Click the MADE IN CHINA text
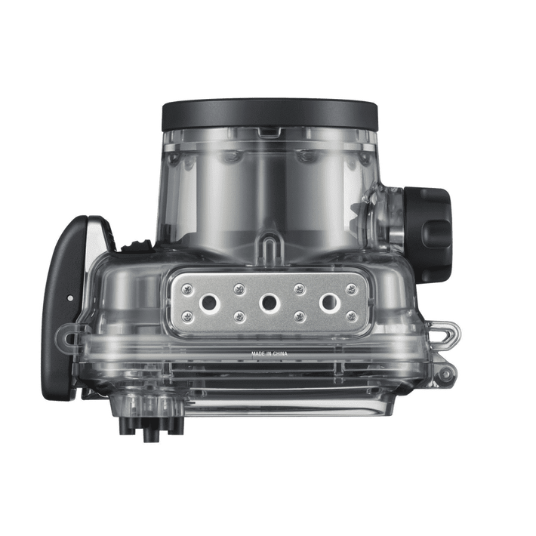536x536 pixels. [x=269, y=353]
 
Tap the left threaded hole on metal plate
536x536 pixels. [x=207, y=303]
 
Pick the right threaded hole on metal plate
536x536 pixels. [x=328, y=303]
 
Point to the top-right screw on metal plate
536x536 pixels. [x=350, y=288]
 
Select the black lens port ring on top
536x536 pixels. [x=269, y=115]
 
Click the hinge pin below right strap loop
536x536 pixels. [x=447, y=373]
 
